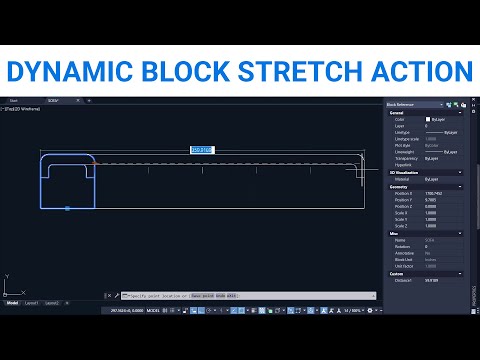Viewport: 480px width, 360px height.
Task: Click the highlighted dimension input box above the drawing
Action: point(201,150)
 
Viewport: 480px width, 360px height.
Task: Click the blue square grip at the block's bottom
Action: point(67,208)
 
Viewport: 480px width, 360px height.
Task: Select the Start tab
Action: point(14,100)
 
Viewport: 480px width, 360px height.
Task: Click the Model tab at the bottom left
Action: point(13,302)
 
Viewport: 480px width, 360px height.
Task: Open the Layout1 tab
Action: point(32,302)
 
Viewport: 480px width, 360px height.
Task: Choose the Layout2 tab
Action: point(51,302)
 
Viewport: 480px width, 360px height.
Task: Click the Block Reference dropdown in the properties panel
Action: point(420,104)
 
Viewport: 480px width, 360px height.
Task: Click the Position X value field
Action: point(440,192)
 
